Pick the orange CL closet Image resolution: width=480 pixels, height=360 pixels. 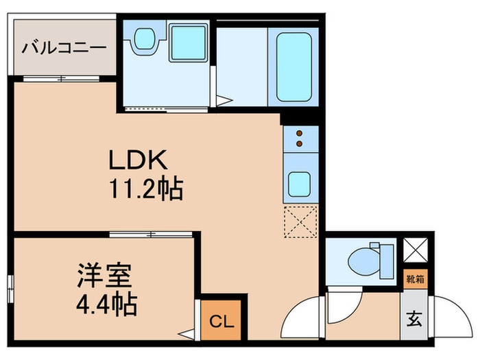221,320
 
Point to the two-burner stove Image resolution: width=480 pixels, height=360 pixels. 300,139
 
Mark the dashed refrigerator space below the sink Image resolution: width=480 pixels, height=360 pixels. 300,221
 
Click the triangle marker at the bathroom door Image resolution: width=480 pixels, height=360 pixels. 224,100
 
